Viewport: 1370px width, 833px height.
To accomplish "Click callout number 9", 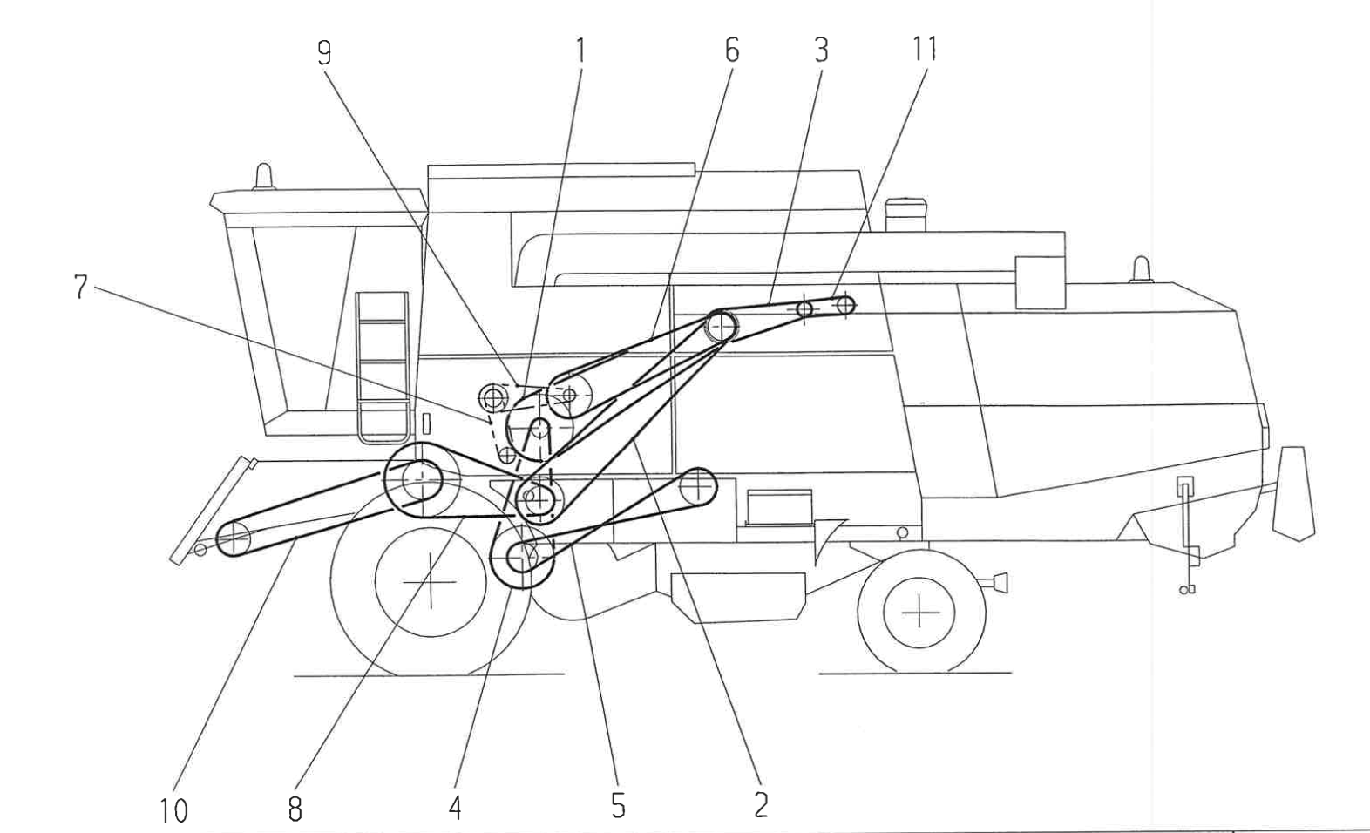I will [x=323, y=54].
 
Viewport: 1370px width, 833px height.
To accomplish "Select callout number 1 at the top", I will [x=580, y=51].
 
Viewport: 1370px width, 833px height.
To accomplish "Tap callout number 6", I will [x=731, y=51].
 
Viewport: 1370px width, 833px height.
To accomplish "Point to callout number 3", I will [x=821, y=51].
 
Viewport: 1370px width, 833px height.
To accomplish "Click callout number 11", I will [x=924, y=49].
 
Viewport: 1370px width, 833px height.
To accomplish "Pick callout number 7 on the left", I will [x=81, y=287].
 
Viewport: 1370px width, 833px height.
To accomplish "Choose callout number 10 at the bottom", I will [x=174, y=811].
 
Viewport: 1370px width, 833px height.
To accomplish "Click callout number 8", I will [x=295, y=809].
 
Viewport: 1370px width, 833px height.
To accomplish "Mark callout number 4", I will [x=455, y=808].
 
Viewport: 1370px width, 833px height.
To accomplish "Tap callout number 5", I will [x=618, y=806].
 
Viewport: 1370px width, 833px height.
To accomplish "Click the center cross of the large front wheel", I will [x=431, y=581].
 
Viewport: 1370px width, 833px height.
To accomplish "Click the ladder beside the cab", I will [x=382, y=366].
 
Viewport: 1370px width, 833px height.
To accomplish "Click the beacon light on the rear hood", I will [x=1141, y=270].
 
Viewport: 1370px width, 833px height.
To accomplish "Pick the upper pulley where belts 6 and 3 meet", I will [x=721, y=327].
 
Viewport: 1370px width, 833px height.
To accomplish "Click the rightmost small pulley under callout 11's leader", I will [x=844, y=305].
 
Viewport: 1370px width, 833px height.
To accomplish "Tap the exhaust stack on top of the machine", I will [x=905, y=214].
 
